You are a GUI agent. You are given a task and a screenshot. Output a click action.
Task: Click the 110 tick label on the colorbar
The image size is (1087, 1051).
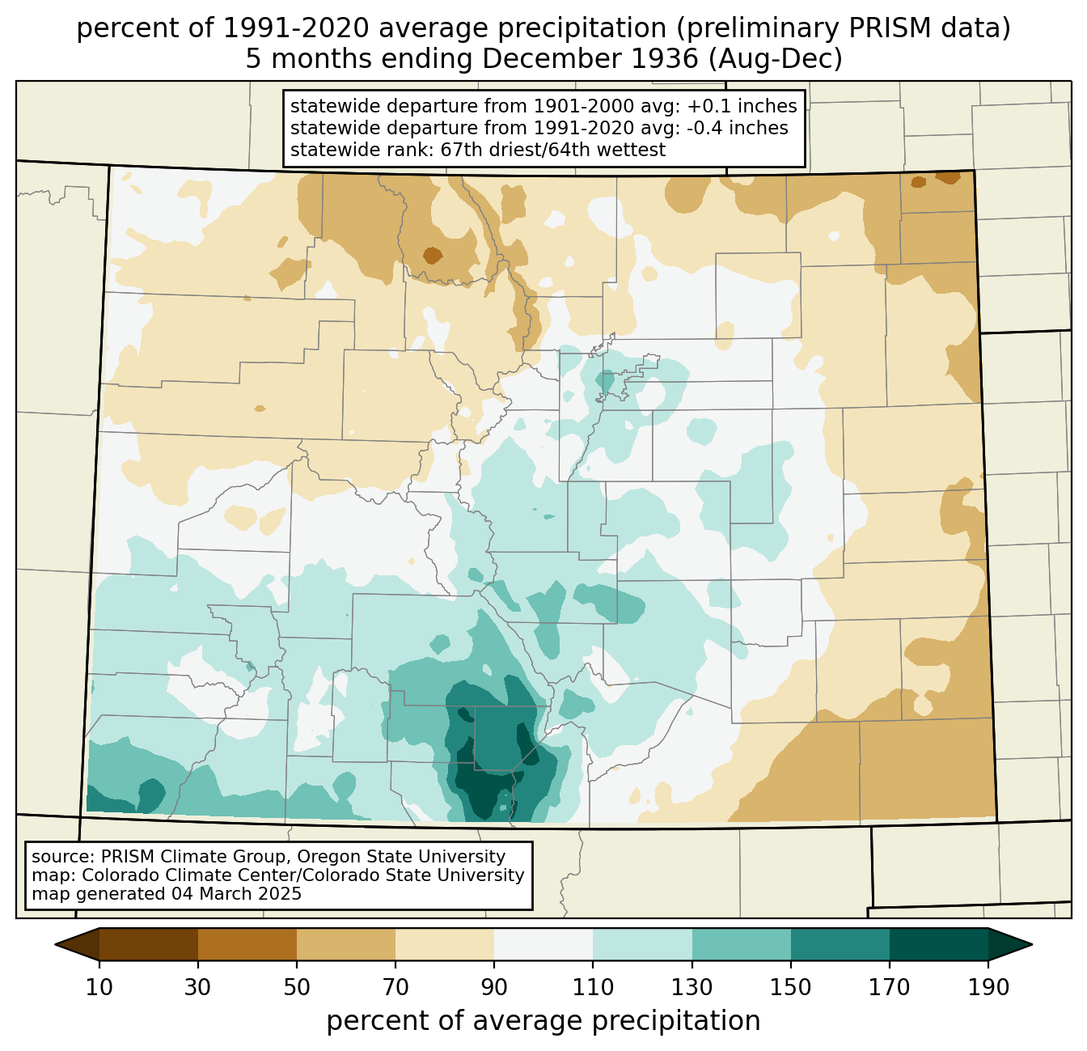point(593,987)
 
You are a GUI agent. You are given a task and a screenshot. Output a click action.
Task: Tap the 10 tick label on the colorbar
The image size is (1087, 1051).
point(99,987)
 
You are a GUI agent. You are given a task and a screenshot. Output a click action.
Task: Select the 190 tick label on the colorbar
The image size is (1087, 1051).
point(988,987)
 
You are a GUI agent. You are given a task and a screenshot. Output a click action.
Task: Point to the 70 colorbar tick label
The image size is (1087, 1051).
point(395,987)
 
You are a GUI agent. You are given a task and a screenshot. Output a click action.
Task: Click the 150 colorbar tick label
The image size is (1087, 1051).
point(790,987)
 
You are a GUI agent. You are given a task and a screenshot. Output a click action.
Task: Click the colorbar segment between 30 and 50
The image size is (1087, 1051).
point(247,944)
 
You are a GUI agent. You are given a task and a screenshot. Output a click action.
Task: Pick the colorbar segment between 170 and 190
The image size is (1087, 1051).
point(938,944)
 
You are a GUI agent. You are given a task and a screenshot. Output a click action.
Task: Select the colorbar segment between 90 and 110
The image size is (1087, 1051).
point(543,944)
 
